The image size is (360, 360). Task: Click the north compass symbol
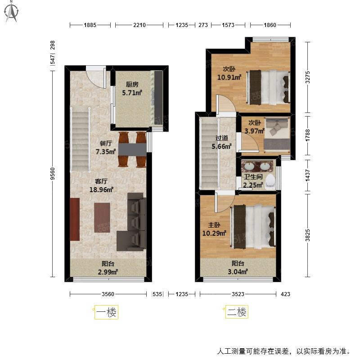tap(12, 12)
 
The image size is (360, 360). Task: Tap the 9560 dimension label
tap(53, 174)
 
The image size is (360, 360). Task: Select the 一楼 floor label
tap(106, 312)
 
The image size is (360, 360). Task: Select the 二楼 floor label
tap(237, 312)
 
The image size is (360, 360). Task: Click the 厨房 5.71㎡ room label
tap(132, 89)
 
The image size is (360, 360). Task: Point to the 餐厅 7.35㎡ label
tap(106, 148)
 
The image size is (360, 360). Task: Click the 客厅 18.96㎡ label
tap(101, 185)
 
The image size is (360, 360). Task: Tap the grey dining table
tap(132, 150)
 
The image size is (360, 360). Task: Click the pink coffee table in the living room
tap(102, 217)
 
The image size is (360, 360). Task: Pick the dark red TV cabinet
tap(75, 219)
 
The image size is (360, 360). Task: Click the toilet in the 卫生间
tap(270, 182)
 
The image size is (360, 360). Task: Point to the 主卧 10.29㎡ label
tap(214, 229)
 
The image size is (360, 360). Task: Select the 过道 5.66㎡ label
tap(221, 142)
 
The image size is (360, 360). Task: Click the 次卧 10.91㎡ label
tap(229, 73)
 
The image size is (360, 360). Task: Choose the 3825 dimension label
tap(308, 235)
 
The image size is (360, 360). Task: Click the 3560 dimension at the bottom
tap(108, 294)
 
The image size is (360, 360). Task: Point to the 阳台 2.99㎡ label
tap(108, 268)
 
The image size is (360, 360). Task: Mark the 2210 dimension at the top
tap(139, 25)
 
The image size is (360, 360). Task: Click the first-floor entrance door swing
tap(96, 77)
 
